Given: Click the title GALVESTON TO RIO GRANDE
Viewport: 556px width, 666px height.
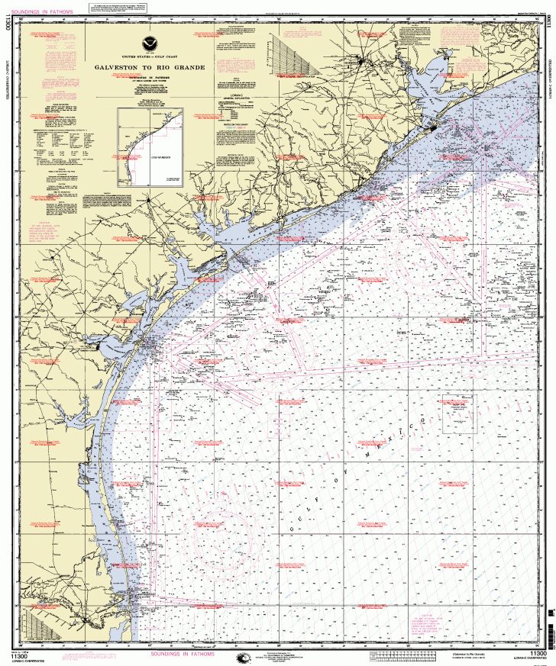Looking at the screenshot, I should (149, 67).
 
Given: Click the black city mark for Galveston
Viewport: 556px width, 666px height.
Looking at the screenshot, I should (435, 127).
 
